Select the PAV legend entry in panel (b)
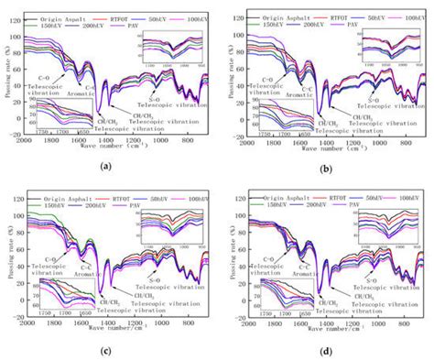tap(331, 21)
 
